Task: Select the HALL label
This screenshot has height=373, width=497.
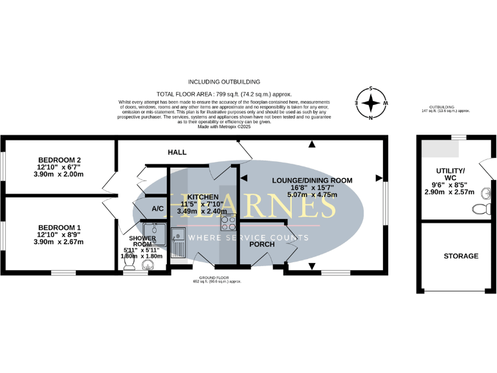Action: click(177, 152)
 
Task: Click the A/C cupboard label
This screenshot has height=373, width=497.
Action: click(157, 209)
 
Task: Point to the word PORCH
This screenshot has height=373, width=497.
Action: click(262, 245)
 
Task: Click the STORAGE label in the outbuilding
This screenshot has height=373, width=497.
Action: click(461, 256)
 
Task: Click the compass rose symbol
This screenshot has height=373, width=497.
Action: click(371, 103)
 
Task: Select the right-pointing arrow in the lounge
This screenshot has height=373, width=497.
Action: click(378, 177)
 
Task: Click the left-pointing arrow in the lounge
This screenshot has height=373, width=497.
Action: click(245, 177)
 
